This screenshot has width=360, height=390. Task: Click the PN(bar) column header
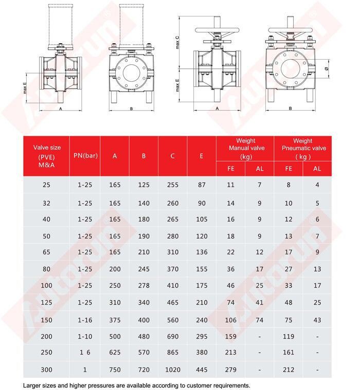(x=85, y=155)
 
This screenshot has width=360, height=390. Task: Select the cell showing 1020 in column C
(x=173, y=369)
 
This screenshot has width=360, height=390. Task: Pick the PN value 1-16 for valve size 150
(x=85, y=320)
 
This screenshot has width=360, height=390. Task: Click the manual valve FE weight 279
(x=230, y=369)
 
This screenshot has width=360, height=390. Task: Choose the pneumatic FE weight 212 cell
(x=289, y=369)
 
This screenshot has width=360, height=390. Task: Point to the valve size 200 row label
(x=47, y=336)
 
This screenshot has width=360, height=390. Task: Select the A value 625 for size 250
(x=115, y=353)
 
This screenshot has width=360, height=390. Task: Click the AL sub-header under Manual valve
(x=260, y=169)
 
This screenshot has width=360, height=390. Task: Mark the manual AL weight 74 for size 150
(x=260, y=320)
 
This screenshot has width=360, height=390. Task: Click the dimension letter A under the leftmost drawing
(x=60, y=109)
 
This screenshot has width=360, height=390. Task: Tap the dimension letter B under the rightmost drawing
(x=291, y=109)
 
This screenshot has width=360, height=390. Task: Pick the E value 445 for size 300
(x=202, y=369)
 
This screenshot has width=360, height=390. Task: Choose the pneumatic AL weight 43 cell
(x=317, y=320)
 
